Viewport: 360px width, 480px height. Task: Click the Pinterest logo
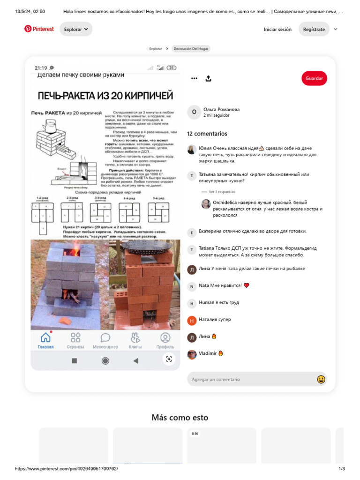coord(39,29)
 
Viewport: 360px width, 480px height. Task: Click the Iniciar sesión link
coord(277,29)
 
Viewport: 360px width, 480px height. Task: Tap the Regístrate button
coord(314,29)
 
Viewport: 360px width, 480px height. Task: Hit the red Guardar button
coord(314,78)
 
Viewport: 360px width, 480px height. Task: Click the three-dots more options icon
coord(194,78)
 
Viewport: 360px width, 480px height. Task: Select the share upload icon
coord(209,78)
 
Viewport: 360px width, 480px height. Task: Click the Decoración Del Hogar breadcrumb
coord(191,49)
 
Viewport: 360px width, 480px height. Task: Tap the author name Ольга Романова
coord(221,109)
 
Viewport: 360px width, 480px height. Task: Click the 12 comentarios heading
coord(207,134)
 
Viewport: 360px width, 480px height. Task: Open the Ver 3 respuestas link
coord(222,192)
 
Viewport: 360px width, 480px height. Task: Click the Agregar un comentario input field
coord(251,379)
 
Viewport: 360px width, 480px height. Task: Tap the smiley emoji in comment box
coord(321,379)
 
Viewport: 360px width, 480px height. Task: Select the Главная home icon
coord(45,337)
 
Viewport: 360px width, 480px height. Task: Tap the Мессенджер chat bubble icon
coord(105,337)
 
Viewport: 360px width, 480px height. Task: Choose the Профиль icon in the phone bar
coord(165,337)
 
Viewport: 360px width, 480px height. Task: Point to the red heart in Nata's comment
coord(247,285)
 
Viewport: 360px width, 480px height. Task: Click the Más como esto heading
coord(180,417)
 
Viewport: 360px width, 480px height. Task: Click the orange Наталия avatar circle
coord(192,320)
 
